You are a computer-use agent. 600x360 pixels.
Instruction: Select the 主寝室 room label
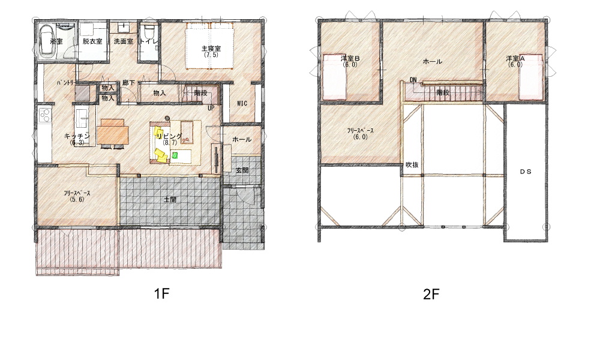(211, 49)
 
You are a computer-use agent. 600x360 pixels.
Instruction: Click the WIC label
(242, 103)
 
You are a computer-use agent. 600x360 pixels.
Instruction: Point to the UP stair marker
(211, 108)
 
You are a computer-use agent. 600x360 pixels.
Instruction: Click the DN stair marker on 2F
(413, 80)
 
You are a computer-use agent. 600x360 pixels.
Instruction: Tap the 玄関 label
(242, 170)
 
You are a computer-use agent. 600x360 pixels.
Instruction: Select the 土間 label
(170, 199)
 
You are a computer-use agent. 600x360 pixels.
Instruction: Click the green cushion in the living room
(175, 155)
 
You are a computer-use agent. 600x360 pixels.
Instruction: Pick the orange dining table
(113, 132)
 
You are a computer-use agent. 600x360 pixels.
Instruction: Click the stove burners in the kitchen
(45, 115)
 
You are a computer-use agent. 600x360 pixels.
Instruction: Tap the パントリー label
(67, 82)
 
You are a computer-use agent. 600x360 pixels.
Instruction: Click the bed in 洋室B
(335, 77)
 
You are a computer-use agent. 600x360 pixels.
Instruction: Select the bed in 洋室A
(531, 77)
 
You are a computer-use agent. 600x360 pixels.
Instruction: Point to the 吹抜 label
(412, 165)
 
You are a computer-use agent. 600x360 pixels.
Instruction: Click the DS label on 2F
(526, 172)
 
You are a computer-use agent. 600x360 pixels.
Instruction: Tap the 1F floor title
(161, 294)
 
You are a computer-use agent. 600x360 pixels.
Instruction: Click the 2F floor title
(431, 294)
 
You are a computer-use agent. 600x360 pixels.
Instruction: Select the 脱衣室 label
(92, 41)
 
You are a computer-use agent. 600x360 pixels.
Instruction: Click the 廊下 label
(128, 83)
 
